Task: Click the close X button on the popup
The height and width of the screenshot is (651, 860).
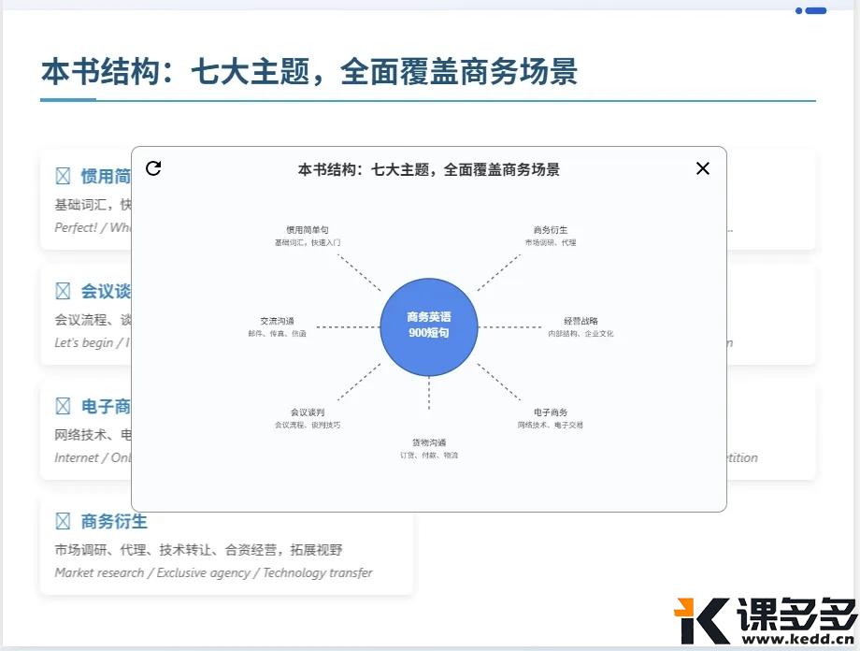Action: point(703,168)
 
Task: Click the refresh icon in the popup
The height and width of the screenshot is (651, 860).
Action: point(153,168)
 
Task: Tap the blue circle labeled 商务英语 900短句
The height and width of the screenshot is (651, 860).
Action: point(429,326)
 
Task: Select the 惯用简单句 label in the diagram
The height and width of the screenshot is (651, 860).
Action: point(308,230)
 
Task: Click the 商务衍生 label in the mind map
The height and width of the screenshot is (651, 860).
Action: point(551,230)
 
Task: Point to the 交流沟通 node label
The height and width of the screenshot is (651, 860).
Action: point(277,321)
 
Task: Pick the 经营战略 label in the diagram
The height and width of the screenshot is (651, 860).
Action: point(580,321)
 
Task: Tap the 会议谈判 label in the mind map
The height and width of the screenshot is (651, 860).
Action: point(308,412)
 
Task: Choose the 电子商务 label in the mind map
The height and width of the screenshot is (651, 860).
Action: point(551,412)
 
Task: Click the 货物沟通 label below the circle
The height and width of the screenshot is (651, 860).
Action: point(429,442)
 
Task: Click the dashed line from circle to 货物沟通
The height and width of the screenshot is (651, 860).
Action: point(429,393)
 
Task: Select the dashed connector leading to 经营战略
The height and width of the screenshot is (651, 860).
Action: point(510,327)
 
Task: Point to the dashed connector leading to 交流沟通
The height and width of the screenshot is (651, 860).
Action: point(348,327)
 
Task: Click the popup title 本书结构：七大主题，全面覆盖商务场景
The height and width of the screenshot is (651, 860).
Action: point(429,169)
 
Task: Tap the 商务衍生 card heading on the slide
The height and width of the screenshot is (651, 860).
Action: point(114,521)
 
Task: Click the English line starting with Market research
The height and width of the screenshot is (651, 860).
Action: point(213,572)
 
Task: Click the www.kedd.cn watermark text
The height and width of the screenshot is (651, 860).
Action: point(795,640)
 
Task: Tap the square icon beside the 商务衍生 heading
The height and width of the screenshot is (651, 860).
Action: point(63,521)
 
